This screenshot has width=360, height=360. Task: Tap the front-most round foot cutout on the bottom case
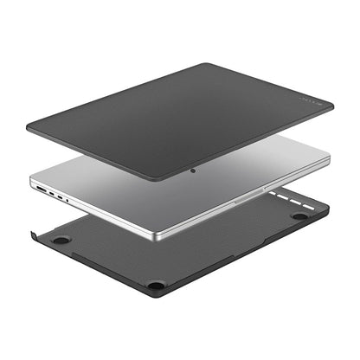point(155,284)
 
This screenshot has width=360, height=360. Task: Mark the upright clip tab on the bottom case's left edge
point(33,235)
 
